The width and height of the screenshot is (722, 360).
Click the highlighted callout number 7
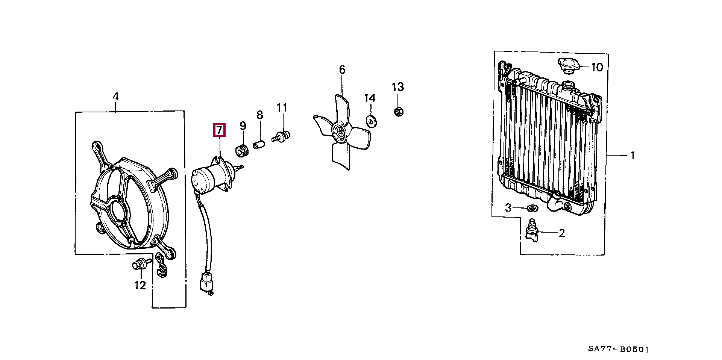tap(219, 130)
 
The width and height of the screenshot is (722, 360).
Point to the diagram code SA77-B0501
tap(618, 349)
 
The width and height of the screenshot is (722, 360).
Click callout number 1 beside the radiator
tap(633, 155)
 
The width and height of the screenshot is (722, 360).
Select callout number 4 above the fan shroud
tap(116, 97)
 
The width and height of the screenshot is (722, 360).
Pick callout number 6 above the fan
tap(342, 70)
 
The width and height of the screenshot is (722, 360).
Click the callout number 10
tap(597, 67)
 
